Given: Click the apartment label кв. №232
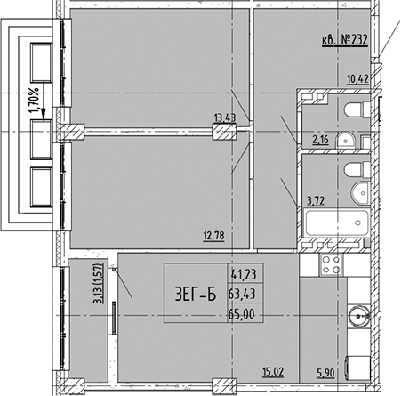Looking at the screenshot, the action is click(x=345, y=40).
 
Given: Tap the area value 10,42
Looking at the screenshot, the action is click(x=358, y=79).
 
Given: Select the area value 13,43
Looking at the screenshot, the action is click(x=225, y=118).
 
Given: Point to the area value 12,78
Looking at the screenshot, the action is click(x=213, y=236).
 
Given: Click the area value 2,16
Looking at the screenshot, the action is click(x=321, y=140).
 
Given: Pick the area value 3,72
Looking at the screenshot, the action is click(x=316, y=201).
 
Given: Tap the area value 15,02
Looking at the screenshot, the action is click(x=273, y=372).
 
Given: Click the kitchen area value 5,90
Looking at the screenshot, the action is click(x=326, y=373).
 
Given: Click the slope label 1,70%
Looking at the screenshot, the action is click(x=35, y=101).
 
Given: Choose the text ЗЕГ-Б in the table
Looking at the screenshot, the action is click(x=196, y=295).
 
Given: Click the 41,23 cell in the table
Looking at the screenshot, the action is click(x=245, y=274).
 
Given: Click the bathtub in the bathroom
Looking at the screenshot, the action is click(x=337, y=222).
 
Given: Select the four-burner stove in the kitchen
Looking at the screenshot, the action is click(x=331, y=265).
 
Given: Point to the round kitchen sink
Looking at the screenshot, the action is click(x=359, y=316).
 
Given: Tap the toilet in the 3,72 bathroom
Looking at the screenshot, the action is click(x=357, y=170).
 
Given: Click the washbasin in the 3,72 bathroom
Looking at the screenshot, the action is click(x=360, y=192).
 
